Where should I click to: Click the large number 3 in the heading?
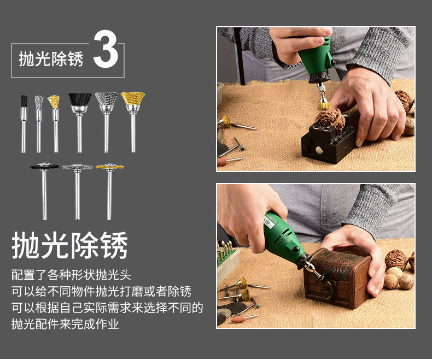106,49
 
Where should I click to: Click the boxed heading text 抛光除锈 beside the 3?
51,58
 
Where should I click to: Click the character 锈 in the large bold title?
114,245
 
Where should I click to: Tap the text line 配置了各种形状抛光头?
71,275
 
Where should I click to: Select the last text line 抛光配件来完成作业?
65,323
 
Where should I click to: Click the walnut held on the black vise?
330,119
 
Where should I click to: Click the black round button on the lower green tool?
296,249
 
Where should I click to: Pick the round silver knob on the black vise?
319,150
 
